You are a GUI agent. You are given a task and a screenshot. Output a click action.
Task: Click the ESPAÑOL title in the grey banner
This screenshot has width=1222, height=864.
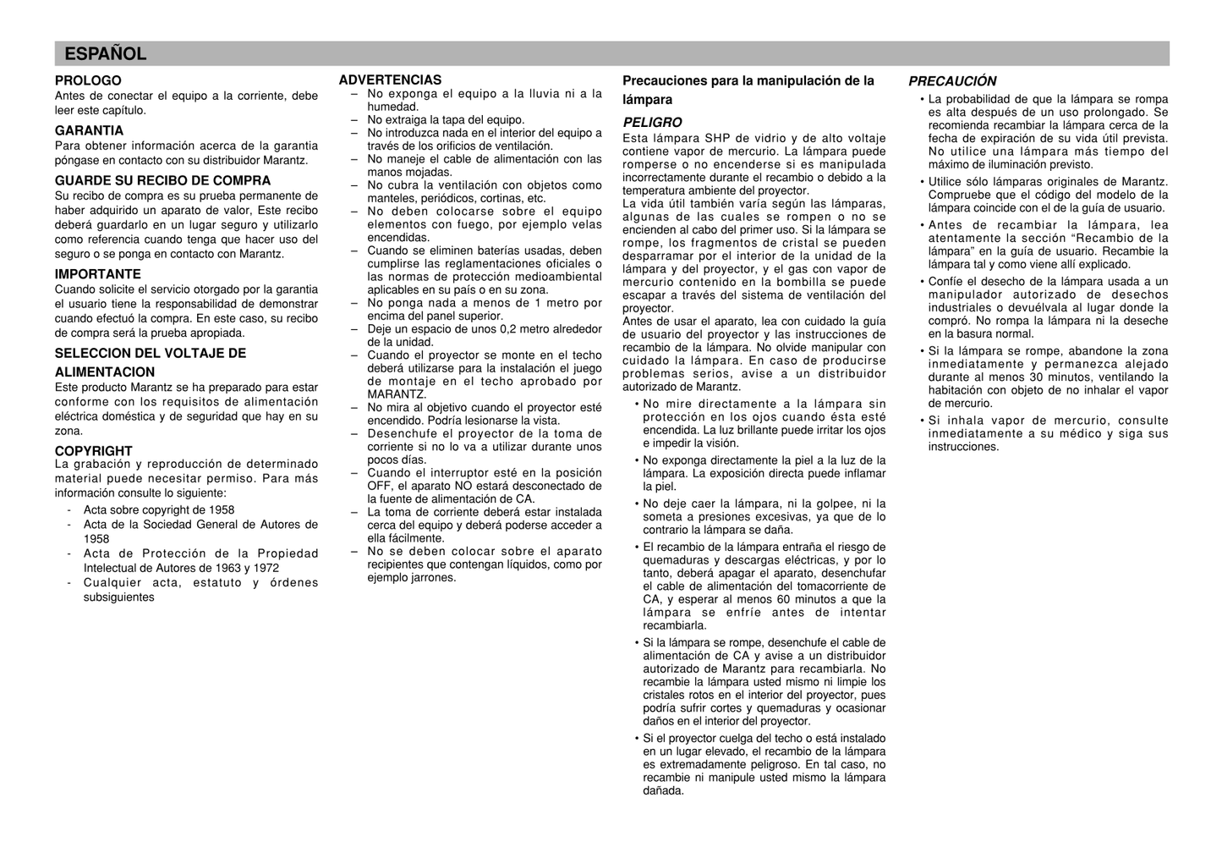tap(106, 54)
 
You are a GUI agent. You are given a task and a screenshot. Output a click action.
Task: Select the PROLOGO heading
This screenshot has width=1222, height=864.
tap(88, 81)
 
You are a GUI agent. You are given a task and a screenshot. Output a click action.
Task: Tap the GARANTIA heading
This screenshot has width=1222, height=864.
tap(89, 130)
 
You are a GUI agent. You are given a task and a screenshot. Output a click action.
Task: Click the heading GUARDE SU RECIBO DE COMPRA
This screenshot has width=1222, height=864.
tap(162, 180)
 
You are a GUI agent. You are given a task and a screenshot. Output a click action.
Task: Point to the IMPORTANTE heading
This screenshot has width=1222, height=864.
tap(97, 274)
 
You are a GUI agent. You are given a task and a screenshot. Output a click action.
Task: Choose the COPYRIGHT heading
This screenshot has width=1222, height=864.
tap(93, 451)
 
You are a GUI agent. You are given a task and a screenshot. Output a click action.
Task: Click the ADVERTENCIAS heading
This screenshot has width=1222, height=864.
tap(390, 80)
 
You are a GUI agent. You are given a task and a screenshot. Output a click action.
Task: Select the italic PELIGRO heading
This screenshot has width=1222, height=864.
tap(652, 123)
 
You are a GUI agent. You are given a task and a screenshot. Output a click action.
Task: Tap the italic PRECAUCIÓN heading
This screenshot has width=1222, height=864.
tap(952, 81)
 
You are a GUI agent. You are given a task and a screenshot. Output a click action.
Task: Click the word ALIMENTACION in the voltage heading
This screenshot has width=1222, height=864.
tap(105, 372)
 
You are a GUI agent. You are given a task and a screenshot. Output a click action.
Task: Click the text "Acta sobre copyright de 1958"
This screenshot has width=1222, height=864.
tap(159, 510)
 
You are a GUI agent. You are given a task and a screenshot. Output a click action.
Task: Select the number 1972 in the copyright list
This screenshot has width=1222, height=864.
tap(265, 568)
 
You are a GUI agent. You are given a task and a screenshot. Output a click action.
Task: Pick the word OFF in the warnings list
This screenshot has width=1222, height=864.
tap(379, 487)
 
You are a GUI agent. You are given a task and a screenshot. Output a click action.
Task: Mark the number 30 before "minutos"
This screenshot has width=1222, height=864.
tap(1037, 377)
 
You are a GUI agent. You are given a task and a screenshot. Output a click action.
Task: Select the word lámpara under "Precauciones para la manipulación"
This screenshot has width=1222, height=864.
tap(647, 100)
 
